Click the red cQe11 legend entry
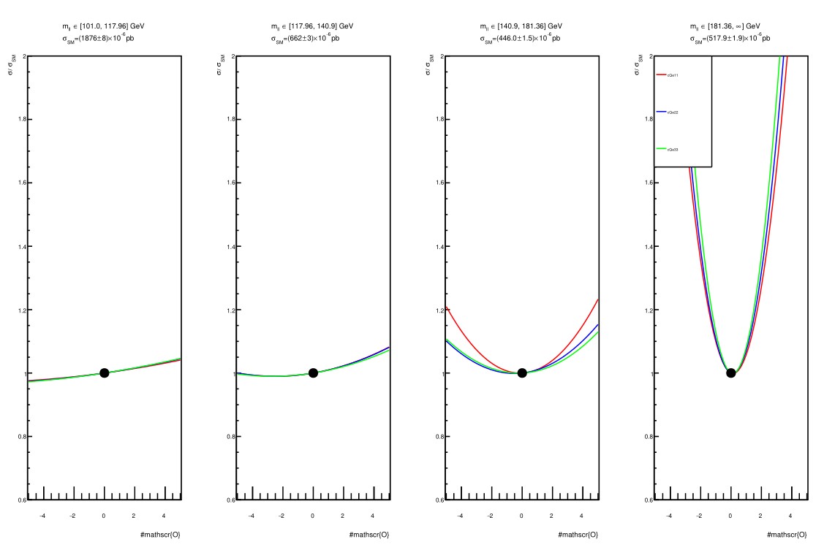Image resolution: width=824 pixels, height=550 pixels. (668, 75)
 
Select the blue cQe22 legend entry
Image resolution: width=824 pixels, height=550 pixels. (668, 112)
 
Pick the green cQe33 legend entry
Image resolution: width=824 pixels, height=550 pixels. (668, 149)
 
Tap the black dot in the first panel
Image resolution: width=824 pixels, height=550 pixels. (104, 373)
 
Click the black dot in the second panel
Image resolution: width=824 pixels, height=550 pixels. (313, 373)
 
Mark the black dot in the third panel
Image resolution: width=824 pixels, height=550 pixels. (522, 373)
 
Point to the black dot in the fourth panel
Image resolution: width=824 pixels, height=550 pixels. (730, 373)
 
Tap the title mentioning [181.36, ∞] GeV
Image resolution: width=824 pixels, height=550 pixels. (730, 26)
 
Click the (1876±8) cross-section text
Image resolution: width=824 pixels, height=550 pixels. (98, 38)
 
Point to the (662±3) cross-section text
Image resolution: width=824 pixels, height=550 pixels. (306, 38)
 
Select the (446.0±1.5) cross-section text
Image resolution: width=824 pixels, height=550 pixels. (521, 38)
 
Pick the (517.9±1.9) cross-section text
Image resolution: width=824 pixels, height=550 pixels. (730, 38)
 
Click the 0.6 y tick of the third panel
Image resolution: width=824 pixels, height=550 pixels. (436, 500)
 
